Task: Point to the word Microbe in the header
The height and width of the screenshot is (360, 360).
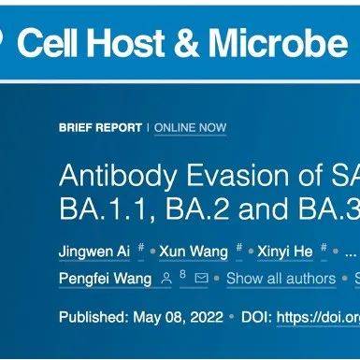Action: [x=278, y=43]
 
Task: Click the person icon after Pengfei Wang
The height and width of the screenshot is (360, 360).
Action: [x=166, y=279]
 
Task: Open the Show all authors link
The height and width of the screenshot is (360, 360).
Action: [x=280, y=279]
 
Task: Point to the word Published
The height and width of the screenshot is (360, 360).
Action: [x=94, y=317]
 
